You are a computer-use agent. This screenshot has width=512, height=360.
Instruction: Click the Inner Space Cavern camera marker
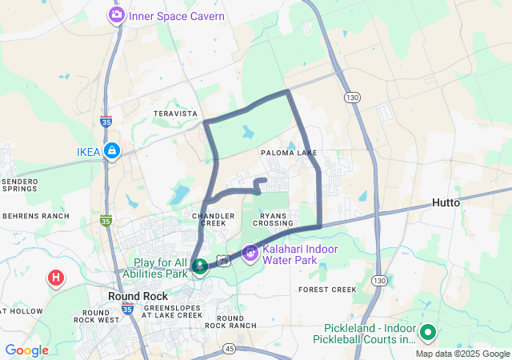point(117,15)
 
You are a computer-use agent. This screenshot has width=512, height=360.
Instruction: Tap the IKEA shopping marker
point(111,151)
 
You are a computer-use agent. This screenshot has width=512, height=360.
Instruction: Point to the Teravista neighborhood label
point(175,114)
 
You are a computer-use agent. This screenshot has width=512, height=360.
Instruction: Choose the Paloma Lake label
point(289,153)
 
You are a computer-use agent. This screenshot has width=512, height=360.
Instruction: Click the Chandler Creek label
point(214,219)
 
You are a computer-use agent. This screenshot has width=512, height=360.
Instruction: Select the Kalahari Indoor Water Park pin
point(250,253)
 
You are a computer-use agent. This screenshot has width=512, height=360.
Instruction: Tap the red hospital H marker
point(55,278)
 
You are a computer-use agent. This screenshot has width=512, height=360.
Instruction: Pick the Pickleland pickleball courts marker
point(427,332)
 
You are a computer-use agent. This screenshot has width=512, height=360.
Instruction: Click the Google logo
point(26,350)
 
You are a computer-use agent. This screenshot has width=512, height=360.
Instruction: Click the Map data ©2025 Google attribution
point(462,354)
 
